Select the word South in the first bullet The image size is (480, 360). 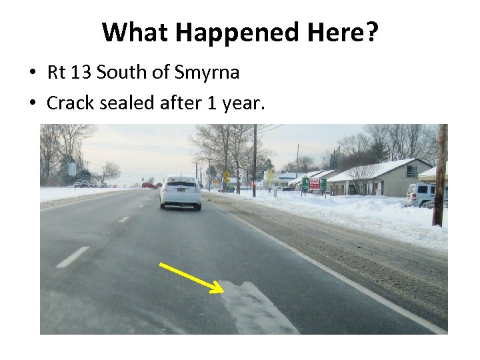click(121, 72)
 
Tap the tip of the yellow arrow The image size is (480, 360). click(221, 291)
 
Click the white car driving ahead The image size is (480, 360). click(181, 192)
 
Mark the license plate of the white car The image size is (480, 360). click(181, 197)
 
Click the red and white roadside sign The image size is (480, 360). click(315, 183)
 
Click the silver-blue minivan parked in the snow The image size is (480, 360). click(421, 195)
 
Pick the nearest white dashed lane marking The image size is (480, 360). click(73, 257)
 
